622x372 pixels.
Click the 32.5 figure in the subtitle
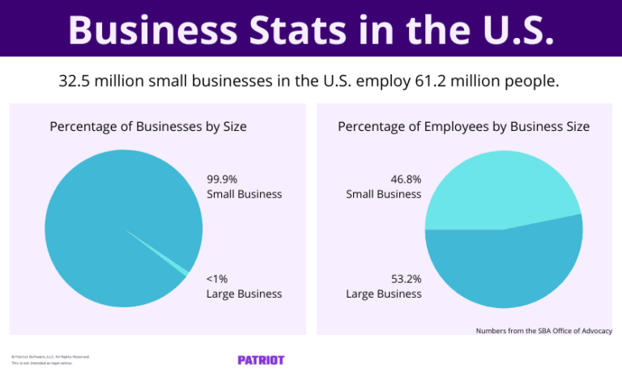(x=75, y=82)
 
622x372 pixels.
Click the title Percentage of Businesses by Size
(x=148, y=127)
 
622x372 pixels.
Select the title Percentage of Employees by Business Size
(x=463, y=127)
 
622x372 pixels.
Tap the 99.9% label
(x=223, y=180)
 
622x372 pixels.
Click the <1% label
(x=217, y=279)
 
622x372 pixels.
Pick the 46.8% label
(x=406, y=180)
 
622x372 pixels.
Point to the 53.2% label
(x=406, y=279)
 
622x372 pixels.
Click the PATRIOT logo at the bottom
(x=261, y=360)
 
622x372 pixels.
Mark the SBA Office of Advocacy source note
(x=543, y=331)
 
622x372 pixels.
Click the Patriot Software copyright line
(x=50, y=357)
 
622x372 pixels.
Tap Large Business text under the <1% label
(x=244, y=294)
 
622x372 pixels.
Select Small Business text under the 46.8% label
(x=383, y=194)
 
